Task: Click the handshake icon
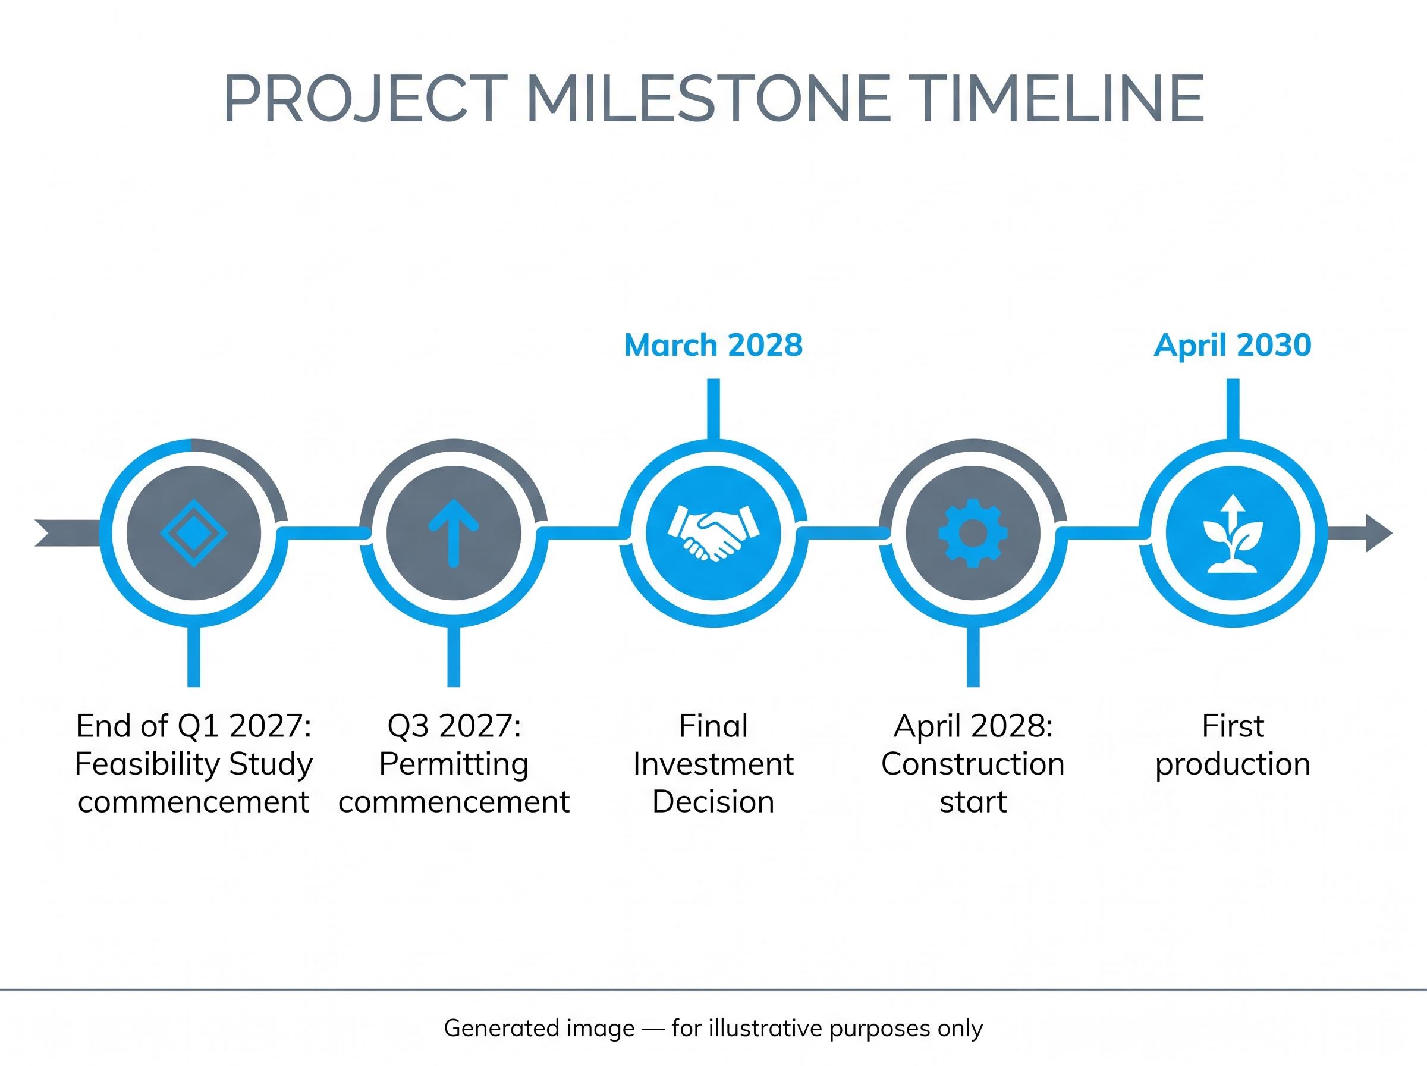714,533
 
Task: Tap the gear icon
973,533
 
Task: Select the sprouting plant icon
1233,533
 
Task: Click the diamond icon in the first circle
194,533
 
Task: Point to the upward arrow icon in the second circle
454,533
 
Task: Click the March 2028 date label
714,345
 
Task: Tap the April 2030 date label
1233,345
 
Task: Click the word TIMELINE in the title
1060,99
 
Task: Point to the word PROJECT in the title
365,99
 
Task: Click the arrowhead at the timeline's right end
1379,533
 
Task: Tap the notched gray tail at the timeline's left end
68,533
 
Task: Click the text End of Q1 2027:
194,726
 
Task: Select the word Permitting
454,764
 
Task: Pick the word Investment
714,764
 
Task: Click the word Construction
973,764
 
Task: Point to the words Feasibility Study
194,764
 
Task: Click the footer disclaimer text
713,1028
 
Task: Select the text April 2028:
973,726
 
